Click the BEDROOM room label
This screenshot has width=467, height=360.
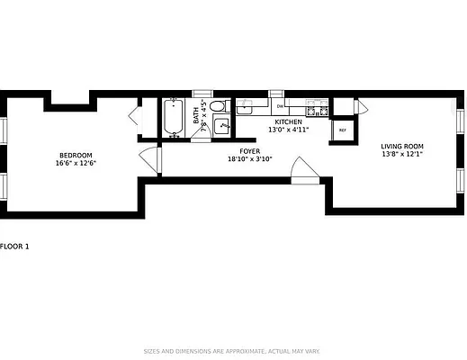coord(75,155)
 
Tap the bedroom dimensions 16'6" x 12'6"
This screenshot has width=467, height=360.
coord(75,164)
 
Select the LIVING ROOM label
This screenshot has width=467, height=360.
coord(401,146)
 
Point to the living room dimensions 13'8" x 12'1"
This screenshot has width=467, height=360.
coord(401,154)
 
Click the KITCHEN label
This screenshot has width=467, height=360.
coord(288,121)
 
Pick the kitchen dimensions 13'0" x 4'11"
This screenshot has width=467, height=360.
coord(288,130)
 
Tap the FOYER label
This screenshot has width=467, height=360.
coord(249,151)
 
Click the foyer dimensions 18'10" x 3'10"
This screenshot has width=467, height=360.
coord(249,159)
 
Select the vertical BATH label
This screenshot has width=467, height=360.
coord(195,120)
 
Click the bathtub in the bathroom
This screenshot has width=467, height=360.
coord(174,118)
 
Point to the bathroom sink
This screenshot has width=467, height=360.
coord(220,127)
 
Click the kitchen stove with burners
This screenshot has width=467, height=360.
coord(316,109)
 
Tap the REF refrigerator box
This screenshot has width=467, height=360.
coord(342,130)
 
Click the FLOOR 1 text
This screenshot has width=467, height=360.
coord(14,246)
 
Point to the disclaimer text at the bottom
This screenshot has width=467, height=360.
coord(232,351)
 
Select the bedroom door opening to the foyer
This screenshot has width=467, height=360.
coord(151,159)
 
